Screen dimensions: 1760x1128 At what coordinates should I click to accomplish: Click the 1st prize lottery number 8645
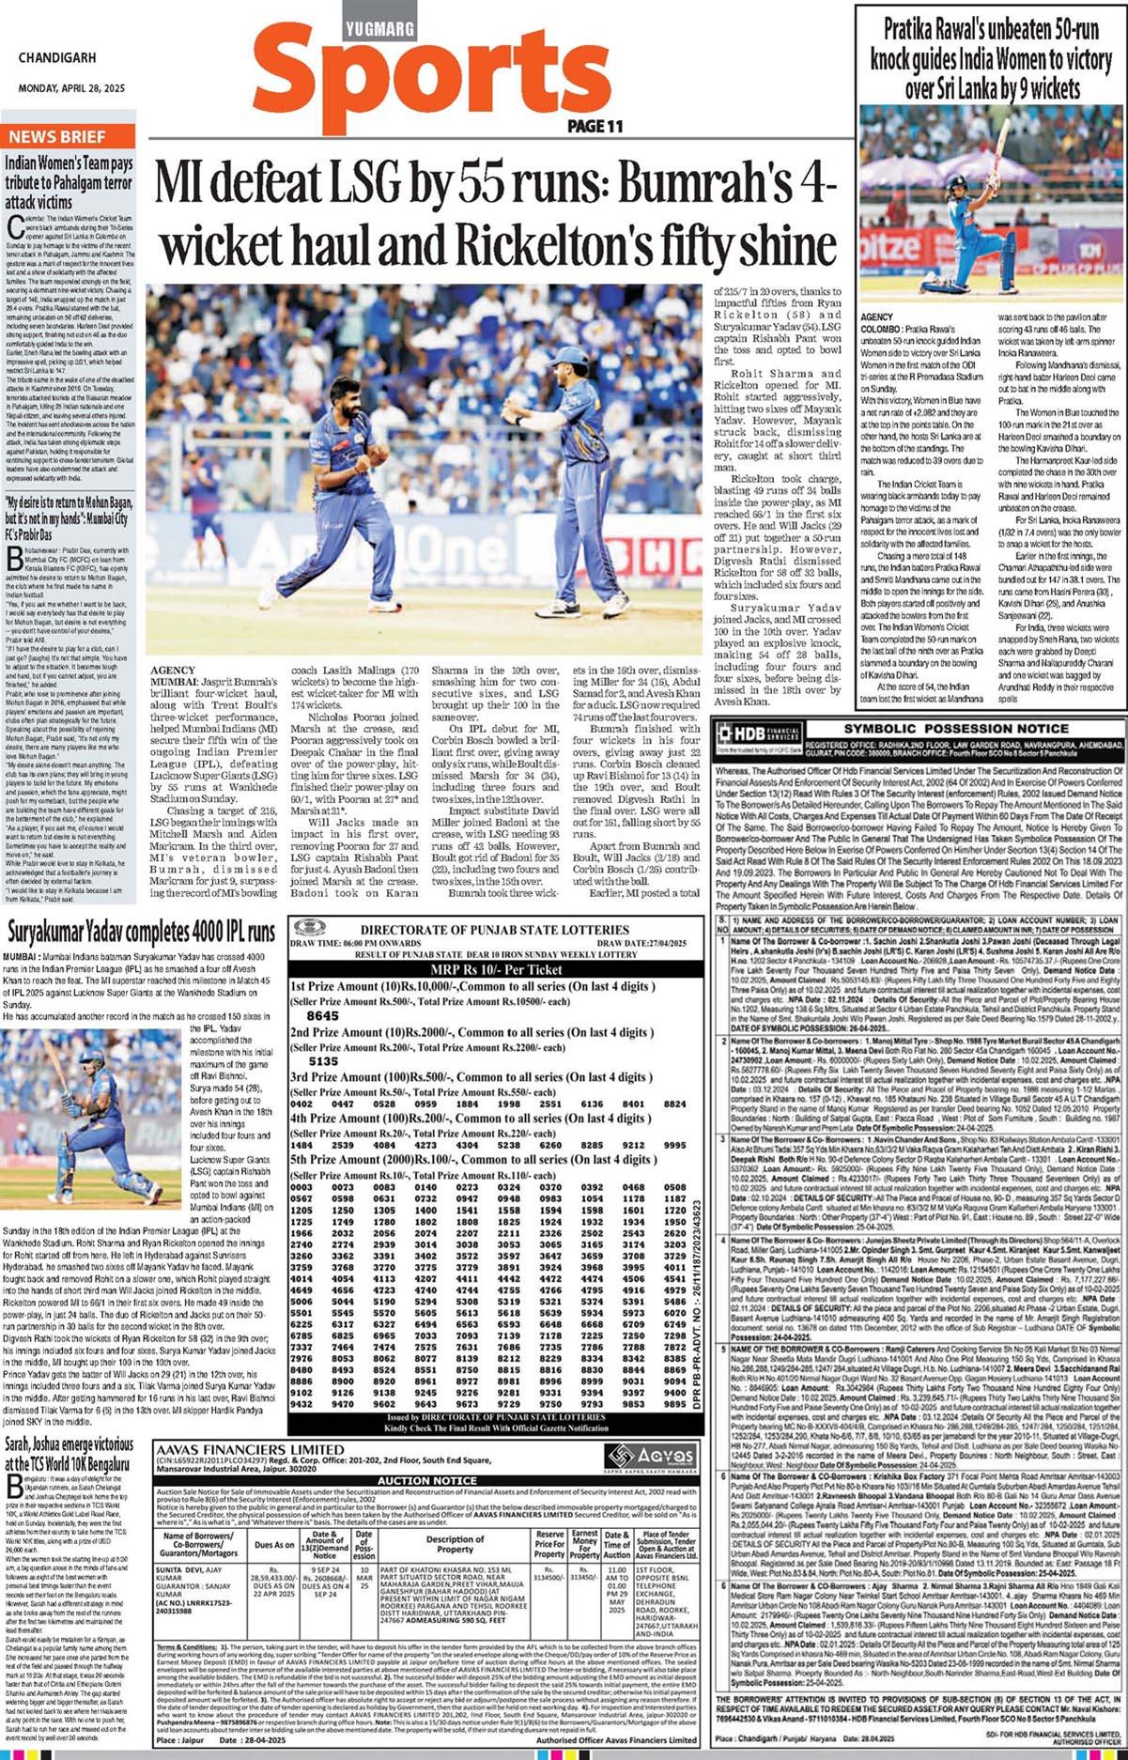click(x=322, y=1015)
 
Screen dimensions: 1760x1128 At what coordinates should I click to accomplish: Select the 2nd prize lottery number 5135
click(x=322, y=1061)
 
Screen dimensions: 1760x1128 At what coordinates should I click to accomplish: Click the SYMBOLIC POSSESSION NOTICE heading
click(x=955, y=728)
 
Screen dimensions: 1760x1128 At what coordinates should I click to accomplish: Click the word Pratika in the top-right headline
click(x=914, y=29)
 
